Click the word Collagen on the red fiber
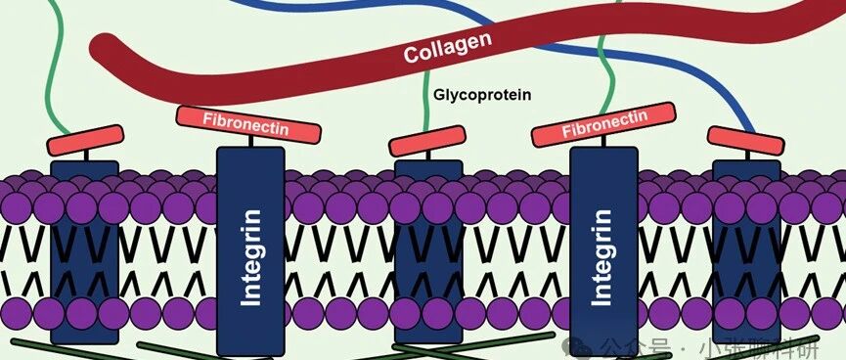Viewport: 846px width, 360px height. pos(448,48)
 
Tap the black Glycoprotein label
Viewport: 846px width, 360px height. pos(482,95)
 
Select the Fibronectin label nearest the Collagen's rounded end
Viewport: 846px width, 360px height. pos(248,124)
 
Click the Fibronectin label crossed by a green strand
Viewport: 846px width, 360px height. pos(603,124)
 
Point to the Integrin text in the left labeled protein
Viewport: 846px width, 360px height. pos(250,257)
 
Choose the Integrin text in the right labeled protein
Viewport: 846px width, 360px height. pos(602,257)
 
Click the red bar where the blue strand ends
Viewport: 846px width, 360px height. pos(745,140)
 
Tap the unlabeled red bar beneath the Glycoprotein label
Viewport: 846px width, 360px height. pos(427,141)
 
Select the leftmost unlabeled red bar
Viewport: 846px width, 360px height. pos(85,140)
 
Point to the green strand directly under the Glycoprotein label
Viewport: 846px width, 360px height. pos(427,104)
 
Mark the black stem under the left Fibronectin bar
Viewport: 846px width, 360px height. pos(250,142)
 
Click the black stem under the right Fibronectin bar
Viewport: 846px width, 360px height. pos(603,141)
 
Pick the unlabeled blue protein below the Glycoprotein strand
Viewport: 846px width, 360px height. pos(428,251)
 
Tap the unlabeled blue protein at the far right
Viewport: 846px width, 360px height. pos(746,251)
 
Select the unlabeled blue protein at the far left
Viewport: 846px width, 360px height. pos(85,252)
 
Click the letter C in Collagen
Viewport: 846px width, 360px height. pos(411,55)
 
